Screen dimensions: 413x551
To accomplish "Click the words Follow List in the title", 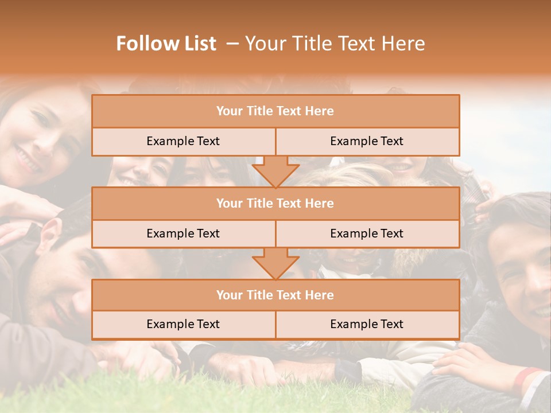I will [x=166, y=44].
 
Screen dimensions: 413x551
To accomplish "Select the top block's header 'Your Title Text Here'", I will [x=275, y=111].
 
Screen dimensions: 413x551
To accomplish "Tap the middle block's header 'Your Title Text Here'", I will [x=275, y=203].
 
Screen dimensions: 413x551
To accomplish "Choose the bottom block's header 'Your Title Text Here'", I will [x=275, y=295].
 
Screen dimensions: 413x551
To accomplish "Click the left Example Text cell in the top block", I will [x=183, y=141].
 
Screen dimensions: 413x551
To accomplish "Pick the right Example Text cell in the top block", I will [x=367, y=141].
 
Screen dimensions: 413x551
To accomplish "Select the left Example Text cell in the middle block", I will [x=183, y=233].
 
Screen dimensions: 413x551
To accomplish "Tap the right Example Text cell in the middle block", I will [x=367, y=233].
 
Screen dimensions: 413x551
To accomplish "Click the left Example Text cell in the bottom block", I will [x=183, y=324].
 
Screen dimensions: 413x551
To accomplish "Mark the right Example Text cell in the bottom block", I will [x=367, y=324].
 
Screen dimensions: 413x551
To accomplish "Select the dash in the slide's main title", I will [x=232, y=44].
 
